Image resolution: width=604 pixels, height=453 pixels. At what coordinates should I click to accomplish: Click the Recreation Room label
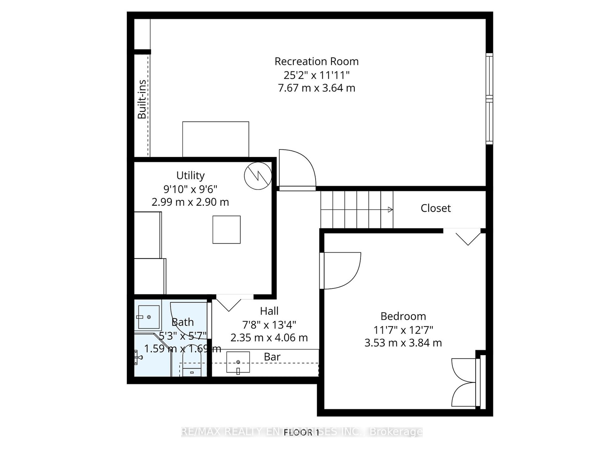316,61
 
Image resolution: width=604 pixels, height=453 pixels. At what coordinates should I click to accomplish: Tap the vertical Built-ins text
142,99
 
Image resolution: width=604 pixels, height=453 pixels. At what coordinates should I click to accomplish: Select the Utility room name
190,176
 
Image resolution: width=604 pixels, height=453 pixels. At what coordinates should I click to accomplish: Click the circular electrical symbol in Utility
258,176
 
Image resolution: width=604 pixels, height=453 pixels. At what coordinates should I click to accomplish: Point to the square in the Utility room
226,230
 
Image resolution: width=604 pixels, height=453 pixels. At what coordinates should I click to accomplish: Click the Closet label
436,208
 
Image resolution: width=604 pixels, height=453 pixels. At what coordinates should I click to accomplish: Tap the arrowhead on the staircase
390,210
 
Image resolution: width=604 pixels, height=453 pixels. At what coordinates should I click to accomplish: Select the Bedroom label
403,316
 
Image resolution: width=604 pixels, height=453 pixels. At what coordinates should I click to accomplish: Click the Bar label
272,357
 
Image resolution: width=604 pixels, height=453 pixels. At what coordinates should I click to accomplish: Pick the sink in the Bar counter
238,362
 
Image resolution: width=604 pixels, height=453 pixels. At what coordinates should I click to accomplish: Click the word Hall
269,311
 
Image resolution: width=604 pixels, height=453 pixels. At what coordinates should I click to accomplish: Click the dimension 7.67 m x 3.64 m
316,88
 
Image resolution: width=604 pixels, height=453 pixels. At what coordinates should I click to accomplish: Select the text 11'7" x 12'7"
403,330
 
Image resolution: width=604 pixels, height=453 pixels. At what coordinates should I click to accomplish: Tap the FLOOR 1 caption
301,432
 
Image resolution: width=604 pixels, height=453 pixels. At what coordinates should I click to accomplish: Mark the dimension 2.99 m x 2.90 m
190,202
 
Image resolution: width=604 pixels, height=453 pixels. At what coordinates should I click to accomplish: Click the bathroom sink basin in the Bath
149,317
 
